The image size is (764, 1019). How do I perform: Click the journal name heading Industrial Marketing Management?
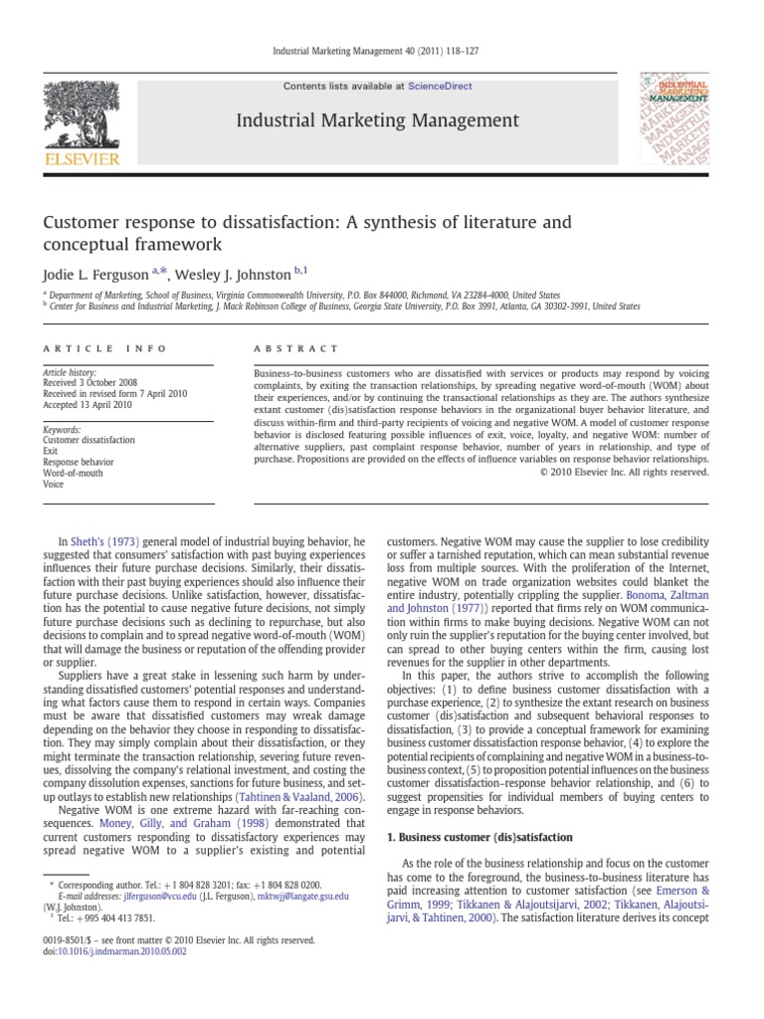pyautogui.click(x=377, y=121)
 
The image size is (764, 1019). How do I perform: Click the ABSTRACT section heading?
pyautogui.click(x=284, y=348)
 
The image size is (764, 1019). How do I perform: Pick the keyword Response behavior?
pyautogui.click(x=79, y=462)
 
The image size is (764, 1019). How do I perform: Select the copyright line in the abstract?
pyautogui.click(x=627, y=473)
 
